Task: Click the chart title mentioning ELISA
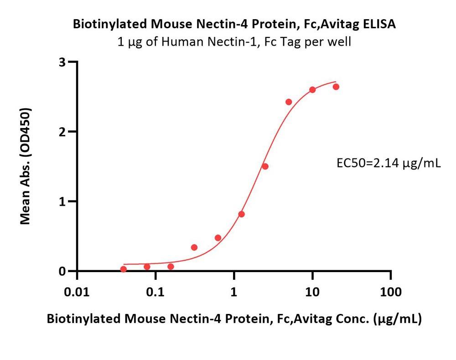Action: click(x=234, y=25)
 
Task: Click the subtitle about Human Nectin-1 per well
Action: click(x=234, y=42)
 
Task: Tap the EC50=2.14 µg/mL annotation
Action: click(x=388, y=163)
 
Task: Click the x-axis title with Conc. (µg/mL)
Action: click(x=234, y=319)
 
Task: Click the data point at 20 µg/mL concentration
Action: click(x=336, y=87)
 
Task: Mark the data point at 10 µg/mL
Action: click(x=312, y=90)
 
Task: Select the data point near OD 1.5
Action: click(x=265, y=166)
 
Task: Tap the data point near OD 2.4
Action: click(x=289, y=102)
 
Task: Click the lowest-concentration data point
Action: click(x=123, y=269)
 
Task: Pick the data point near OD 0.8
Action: click(x=242, y=214)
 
